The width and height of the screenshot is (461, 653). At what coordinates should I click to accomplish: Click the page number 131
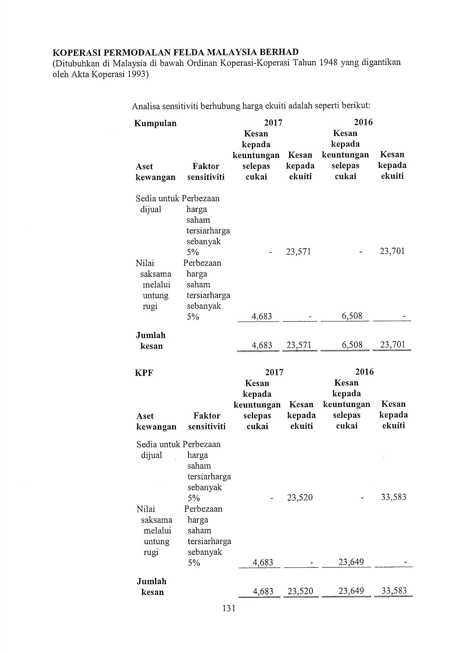pyautogui.click(x=229, y=608)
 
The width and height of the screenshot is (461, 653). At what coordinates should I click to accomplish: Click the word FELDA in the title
pyautogui.click(x=191, y=52)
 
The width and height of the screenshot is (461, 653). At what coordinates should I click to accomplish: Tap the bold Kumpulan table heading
pyautogui.click(x=155, y=123)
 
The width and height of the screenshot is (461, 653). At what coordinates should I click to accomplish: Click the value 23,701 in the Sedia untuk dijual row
pyautogui.click(x=392, y=251)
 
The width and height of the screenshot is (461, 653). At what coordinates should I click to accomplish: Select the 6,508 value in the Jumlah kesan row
pyautogui.click(x=352, y=345)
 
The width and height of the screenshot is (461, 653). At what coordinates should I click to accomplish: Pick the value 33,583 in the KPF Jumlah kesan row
pyautogui.click(x=394, y=591)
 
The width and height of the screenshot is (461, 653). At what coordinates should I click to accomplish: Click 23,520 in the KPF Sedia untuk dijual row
pyautogui.click(x=300, y=497)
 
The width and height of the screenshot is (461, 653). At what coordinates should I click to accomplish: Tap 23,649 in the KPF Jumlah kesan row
pyautogui.click(x=351, y=591)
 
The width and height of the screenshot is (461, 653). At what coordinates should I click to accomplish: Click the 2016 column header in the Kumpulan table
pyautogui.click(x=364, y=122)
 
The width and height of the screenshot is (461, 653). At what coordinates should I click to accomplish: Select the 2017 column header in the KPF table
pyautogui.click(x=274, y=372)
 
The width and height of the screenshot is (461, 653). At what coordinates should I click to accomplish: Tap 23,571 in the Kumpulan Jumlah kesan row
pyautogui.click(x=299, y=345)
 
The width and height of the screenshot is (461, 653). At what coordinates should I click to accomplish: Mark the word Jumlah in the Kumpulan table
pyautogui.click(x=151, y=335)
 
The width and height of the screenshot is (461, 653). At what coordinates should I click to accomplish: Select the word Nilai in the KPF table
pyautogui.click(x=146, y=509)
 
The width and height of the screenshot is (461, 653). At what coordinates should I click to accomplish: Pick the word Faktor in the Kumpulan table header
pyautogui.click(x=206, y=166)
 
